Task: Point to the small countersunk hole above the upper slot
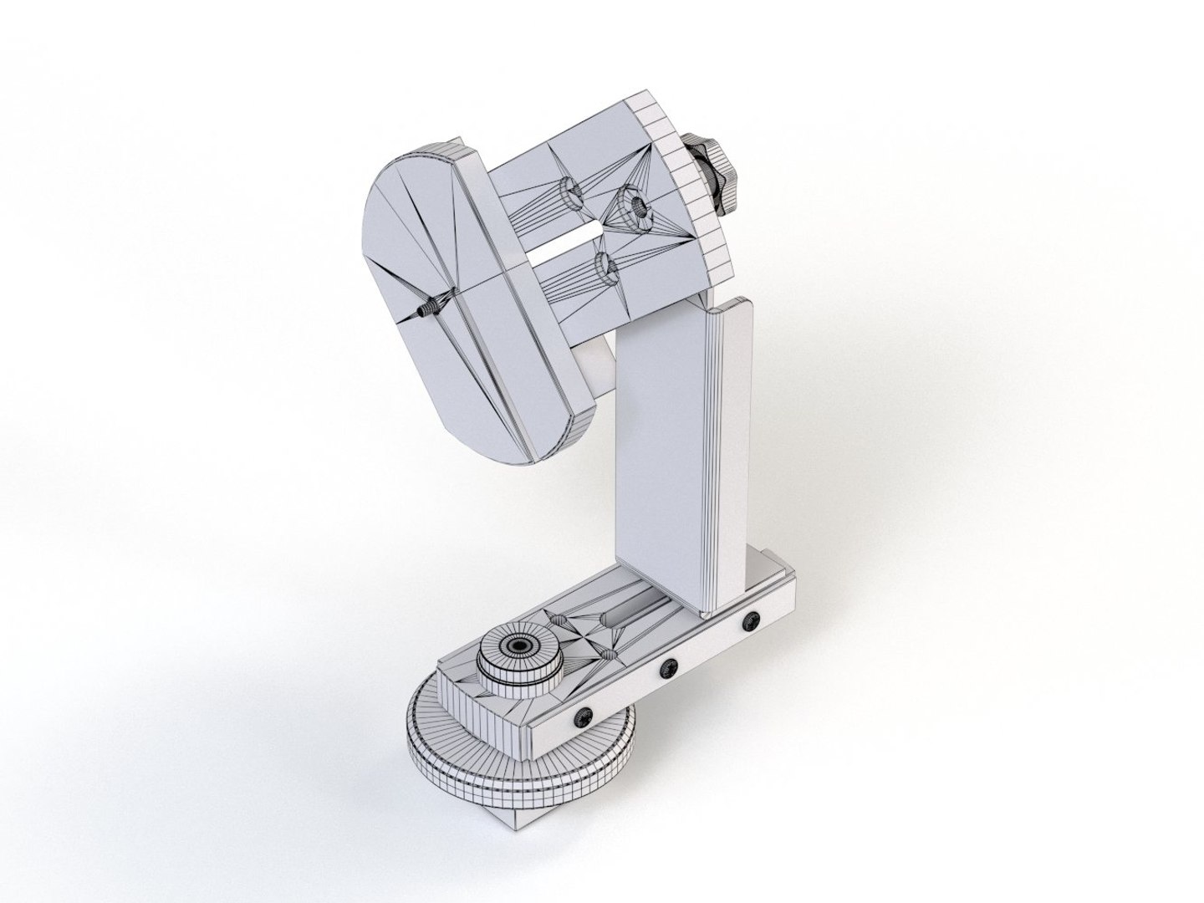[574, 193]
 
